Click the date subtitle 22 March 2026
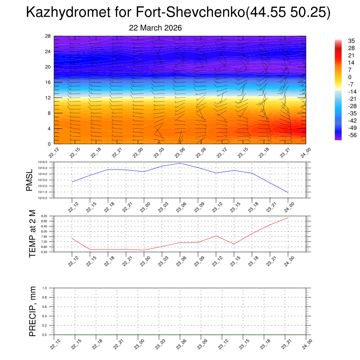155,28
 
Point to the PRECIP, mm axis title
32,311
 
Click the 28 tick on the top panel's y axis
48,36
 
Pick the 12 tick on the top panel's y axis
48,98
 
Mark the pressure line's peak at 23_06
180,163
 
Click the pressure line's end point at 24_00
288,193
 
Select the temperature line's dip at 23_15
234,244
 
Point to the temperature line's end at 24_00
288,218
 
